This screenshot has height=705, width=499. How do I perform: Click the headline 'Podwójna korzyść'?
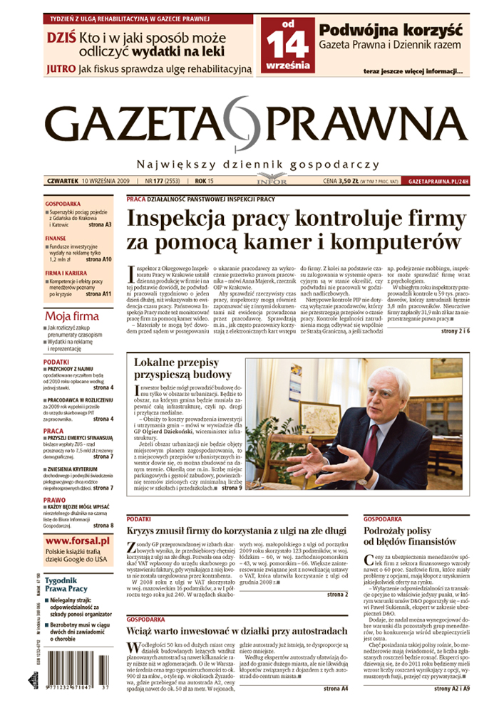tap(390, 31)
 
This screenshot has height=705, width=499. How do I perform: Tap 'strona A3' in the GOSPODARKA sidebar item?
tap(99, 225)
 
